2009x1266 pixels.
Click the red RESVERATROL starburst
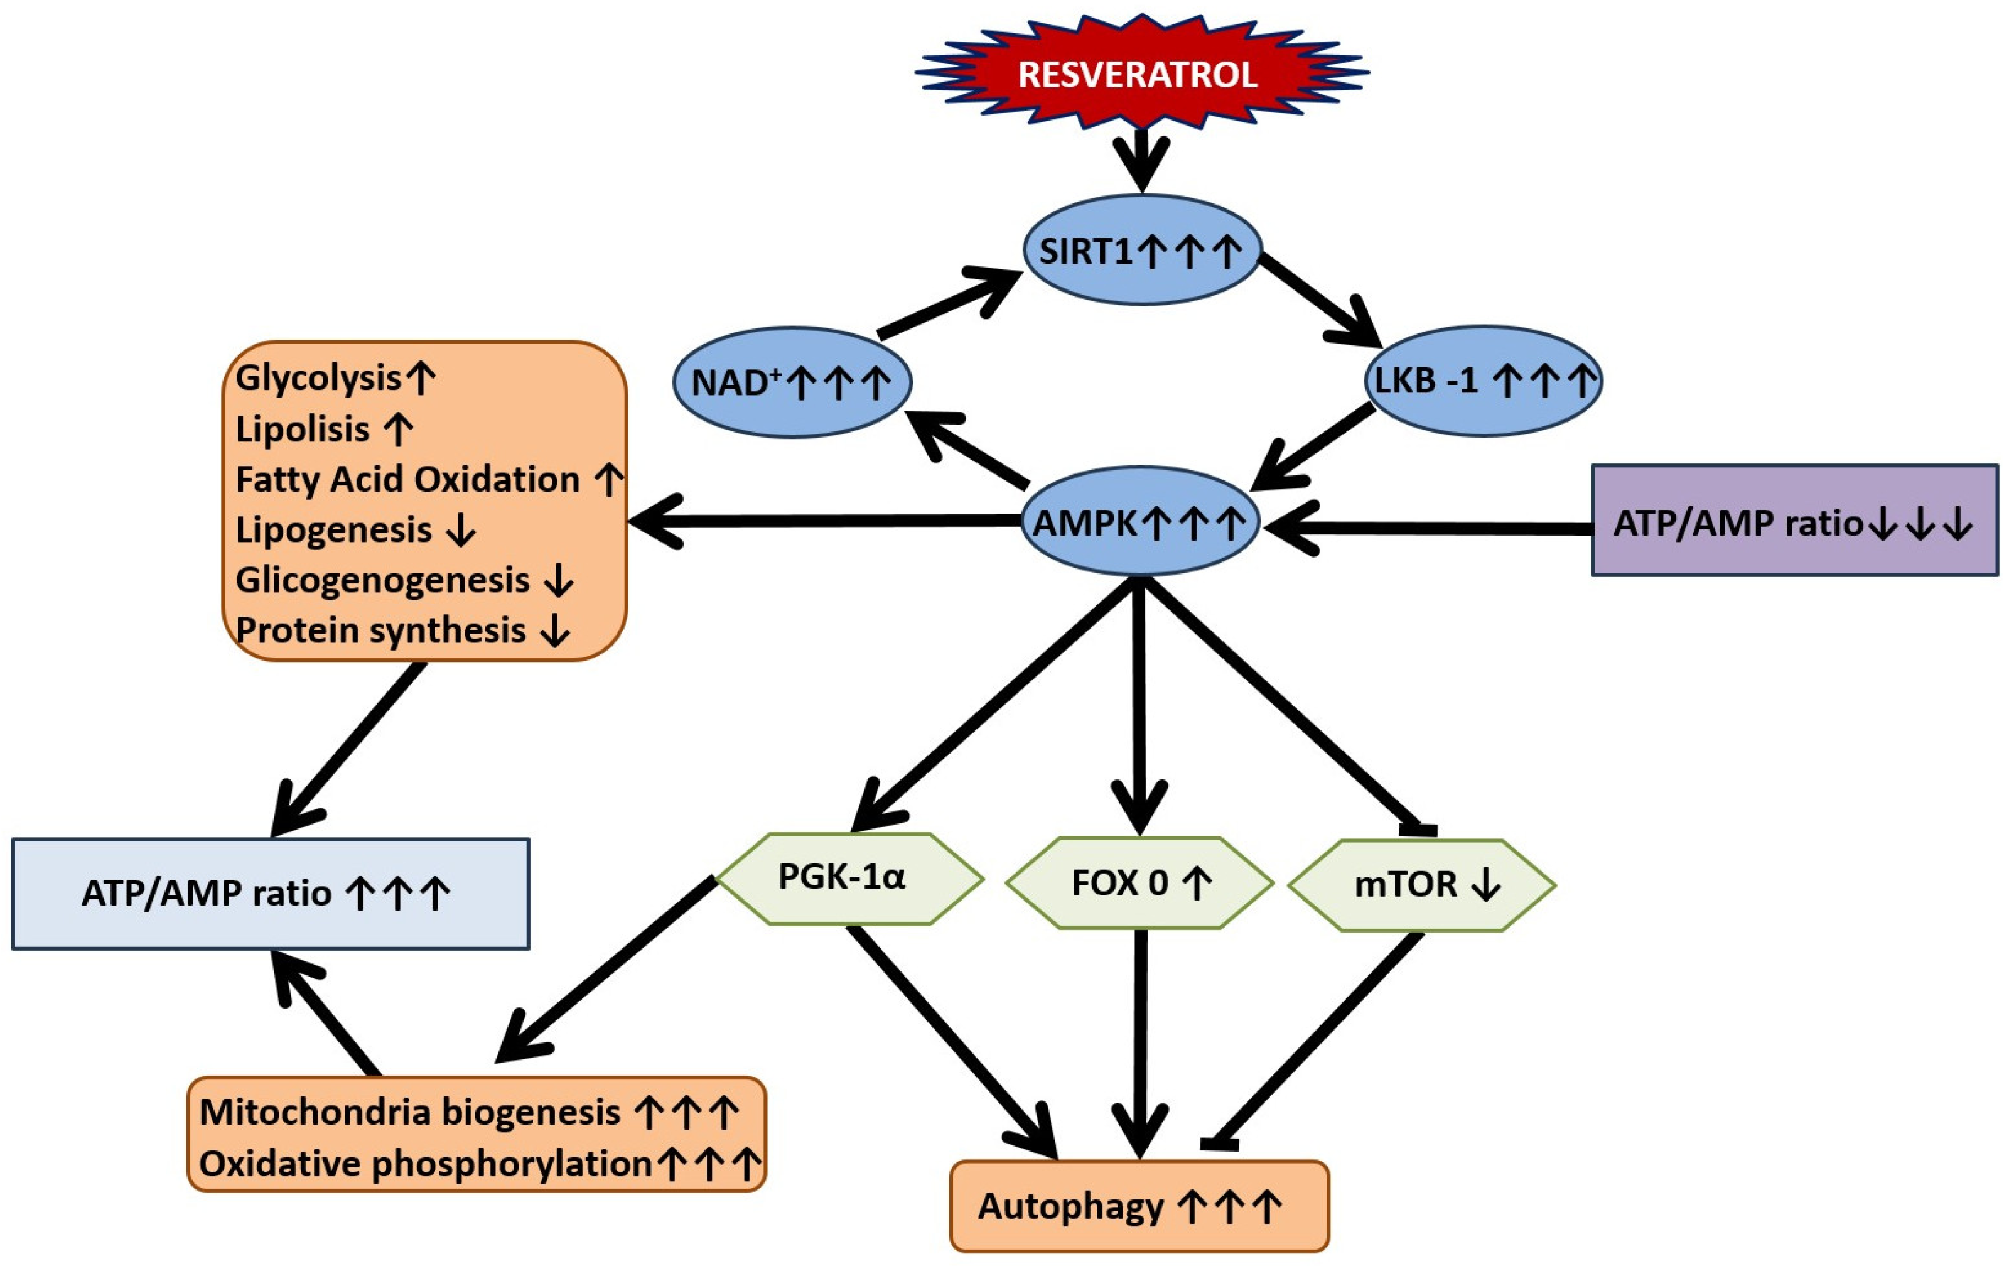1139,73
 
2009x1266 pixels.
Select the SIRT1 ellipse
1141,251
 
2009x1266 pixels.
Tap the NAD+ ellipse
791,382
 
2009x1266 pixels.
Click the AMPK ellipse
1139,522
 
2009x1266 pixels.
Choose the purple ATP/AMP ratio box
1794,522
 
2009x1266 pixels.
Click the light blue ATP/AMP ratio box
271,894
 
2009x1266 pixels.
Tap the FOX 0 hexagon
1139,883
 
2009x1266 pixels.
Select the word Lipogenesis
334,530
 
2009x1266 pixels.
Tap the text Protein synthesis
380,630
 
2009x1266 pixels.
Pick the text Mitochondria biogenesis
409,1112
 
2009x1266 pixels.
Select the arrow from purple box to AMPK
1426,527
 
